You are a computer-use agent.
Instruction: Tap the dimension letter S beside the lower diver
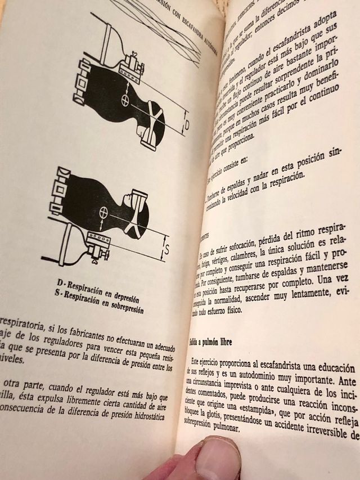[x=168, y=248]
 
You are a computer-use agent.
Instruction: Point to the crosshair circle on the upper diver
[x=125, y=101]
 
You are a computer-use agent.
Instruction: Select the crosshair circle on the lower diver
[x=102, y=213]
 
